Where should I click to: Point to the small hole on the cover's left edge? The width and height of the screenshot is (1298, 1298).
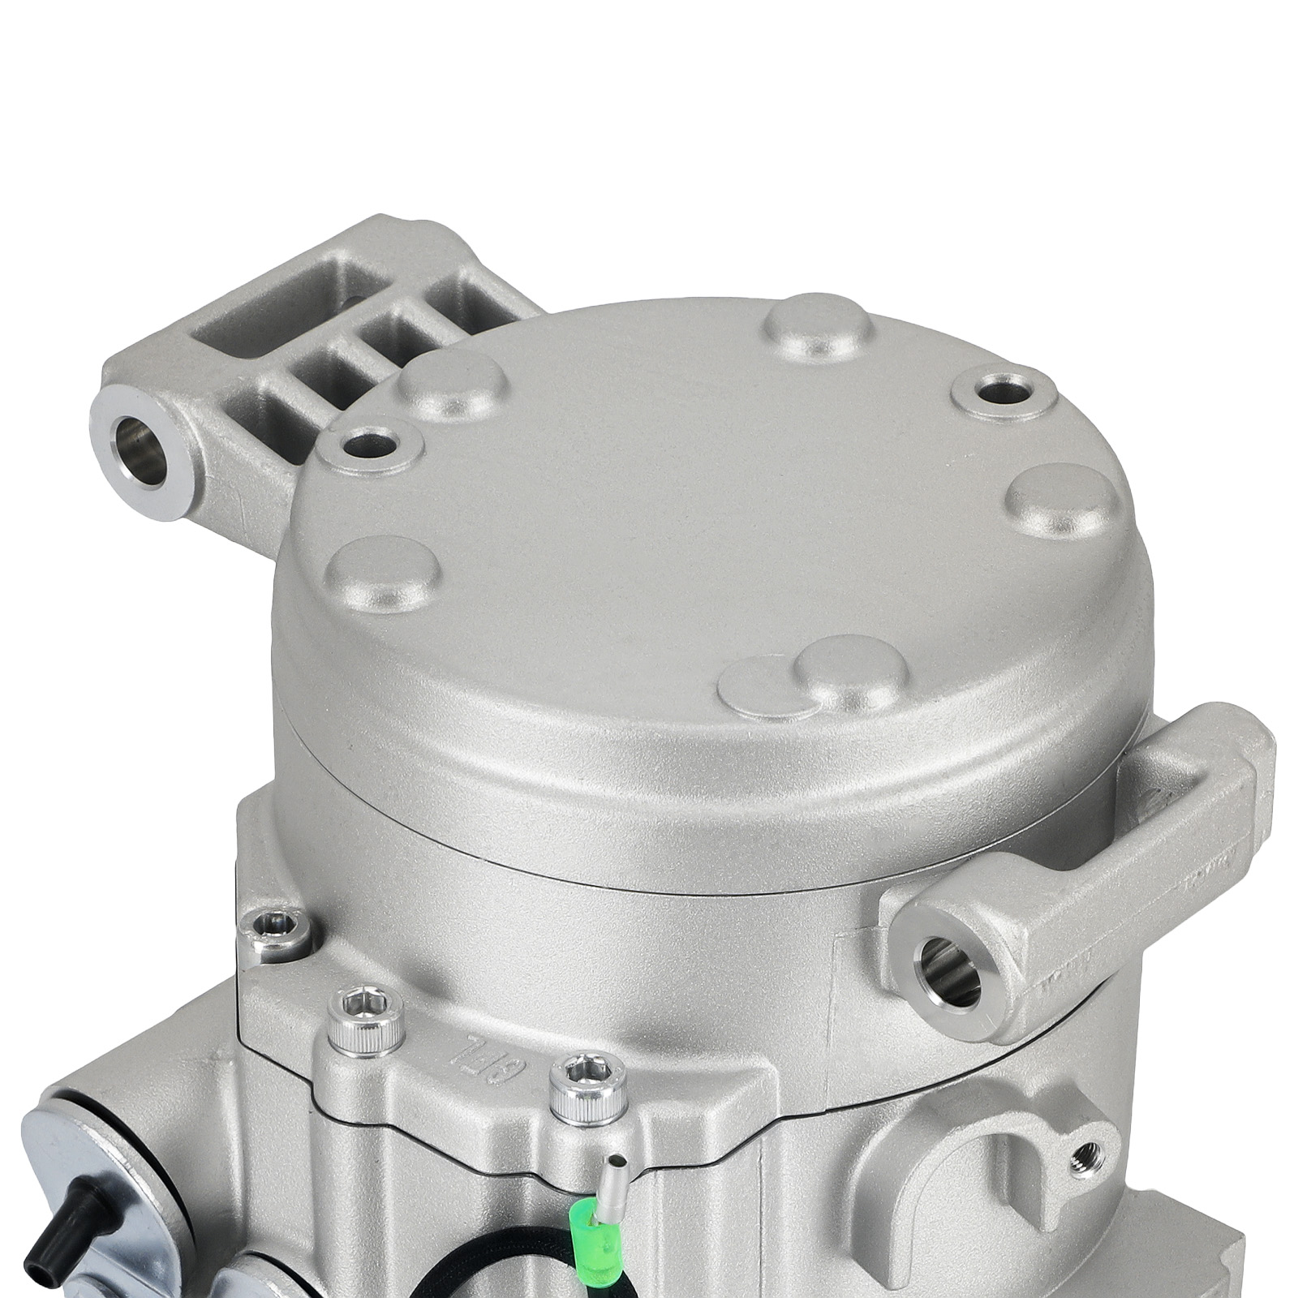click(x=370, y=444)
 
